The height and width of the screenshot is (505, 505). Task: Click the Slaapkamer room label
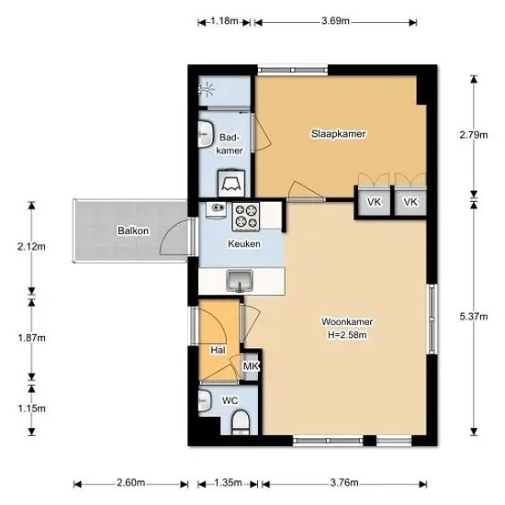coord(338,134)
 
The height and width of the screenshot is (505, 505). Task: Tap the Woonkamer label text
coord(347,321)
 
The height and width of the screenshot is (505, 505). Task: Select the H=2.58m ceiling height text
coord(347,335)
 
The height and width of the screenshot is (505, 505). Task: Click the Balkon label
coord(133,230)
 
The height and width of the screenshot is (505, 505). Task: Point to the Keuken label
coord(244,244)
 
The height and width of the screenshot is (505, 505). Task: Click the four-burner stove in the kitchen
coord(246,216)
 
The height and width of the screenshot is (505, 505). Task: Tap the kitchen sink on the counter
coord(240,281)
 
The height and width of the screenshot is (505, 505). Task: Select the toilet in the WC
coord(241,422)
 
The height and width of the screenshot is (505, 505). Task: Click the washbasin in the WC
coord(204,400)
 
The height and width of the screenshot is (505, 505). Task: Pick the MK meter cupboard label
coord(251,366)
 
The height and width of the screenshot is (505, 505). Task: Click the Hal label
coord(218,350)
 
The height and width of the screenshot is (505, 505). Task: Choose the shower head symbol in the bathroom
coord(208,88)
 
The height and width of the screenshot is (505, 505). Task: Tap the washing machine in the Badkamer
coord(230,183)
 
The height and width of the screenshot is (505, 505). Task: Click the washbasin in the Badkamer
coord(206,134)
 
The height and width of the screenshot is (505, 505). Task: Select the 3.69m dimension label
coord(335,21)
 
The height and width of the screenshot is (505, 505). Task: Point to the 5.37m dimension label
coord(474,317)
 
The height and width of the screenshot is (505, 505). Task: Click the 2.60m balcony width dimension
coord(130,483)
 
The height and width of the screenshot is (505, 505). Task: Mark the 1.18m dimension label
coord(224,21)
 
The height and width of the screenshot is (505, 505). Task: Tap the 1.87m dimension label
coord(31,338)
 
